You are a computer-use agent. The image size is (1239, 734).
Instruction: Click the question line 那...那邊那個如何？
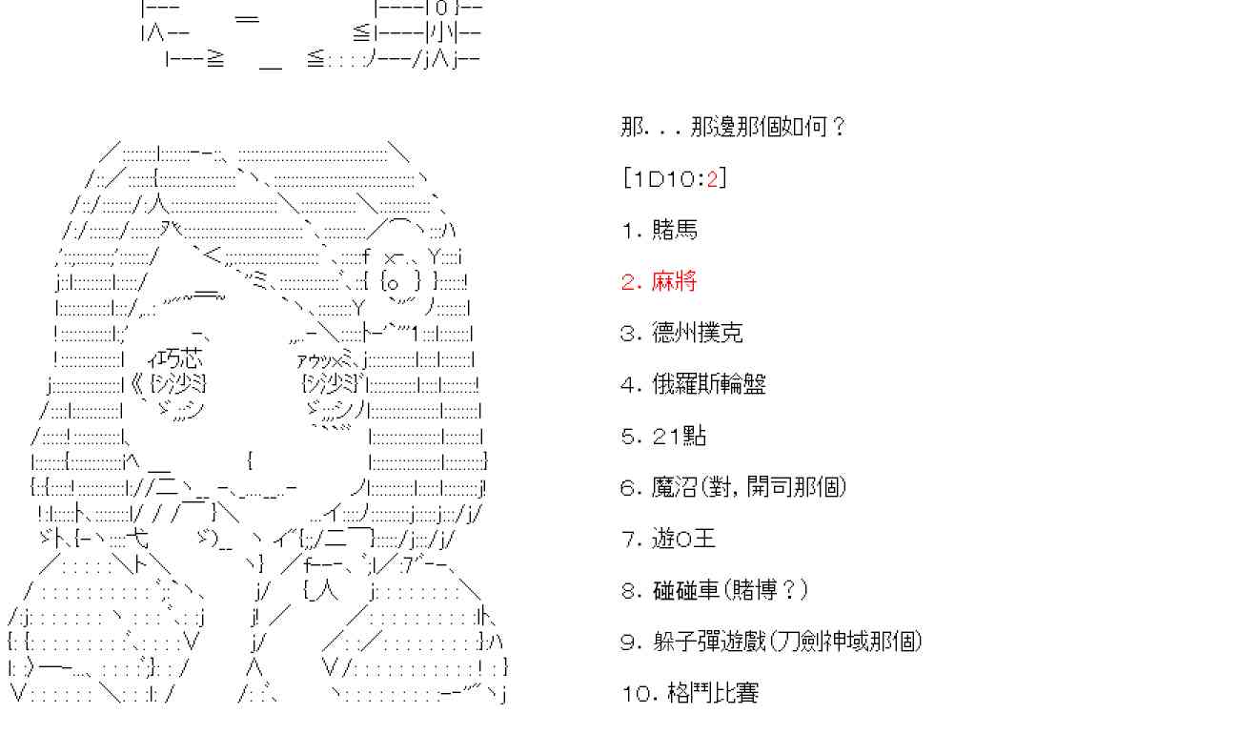click(x=732, y=127)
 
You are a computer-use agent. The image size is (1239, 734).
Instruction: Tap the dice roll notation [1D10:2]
click(x=673, y=178)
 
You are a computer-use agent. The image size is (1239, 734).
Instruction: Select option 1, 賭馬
click(x=660, y=230)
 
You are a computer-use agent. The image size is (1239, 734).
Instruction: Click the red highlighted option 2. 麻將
click(x=660, y=281)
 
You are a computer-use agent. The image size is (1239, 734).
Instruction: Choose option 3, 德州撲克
click(x=681, y=333)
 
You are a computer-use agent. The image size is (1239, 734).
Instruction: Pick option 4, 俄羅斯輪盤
click(x=693, y=384)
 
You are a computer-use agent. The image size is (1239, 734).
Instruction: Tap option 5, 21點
click(x=663, y=436)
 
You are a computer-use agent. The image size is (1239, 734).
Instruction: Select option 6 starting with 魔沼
click(x=733, y=487)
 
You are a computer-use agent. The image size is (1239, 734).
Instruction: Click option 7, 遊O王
click(x=668, y=539)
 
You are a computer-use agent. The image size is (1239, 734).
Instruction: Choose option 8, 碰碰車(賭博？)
click(x=714, y=590)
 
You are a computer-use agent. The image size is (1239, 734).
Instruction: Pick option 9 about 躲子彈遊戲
click(x=771, y=642)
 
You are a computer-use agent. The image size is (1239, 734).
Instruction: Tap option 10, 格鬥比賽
click(x=689, y=693)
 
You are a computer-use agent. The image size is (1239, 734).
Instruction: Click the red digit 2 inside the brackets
click(x=711, y=178)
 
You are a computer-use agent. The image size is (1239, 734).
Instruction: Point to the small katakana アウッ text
click(x=315, y=360)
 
